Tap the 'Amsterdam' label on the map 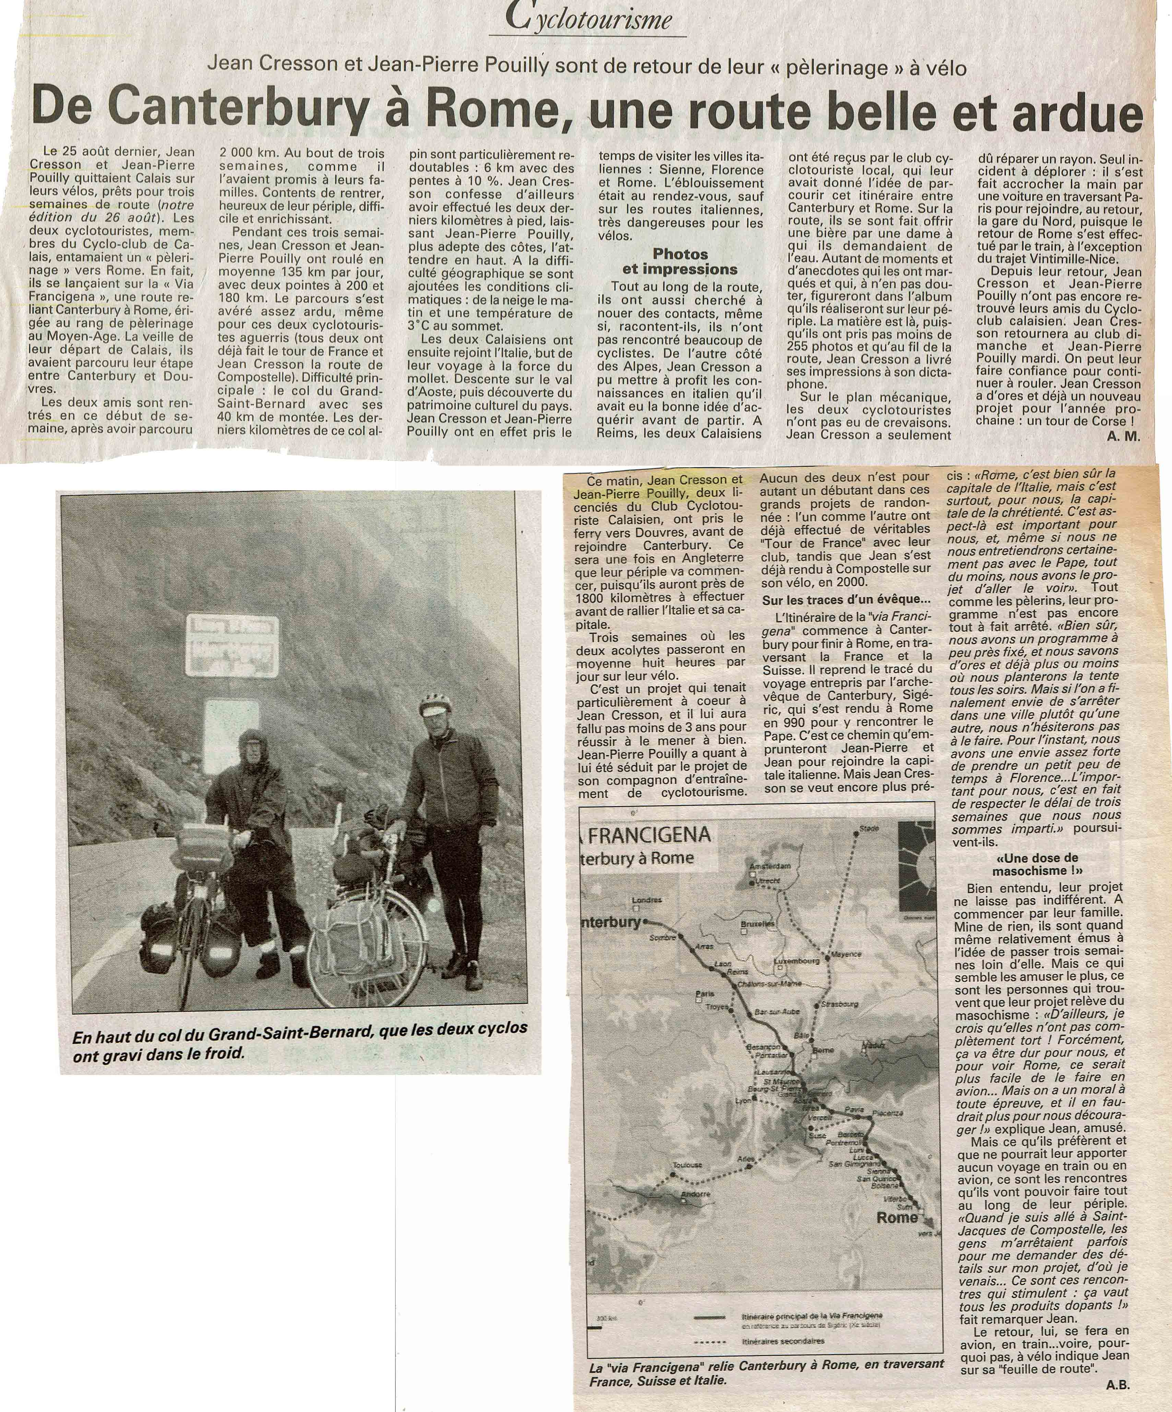click(x=771, y=865)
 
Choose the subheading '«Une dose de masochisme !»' click(x=1037, y=864)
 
